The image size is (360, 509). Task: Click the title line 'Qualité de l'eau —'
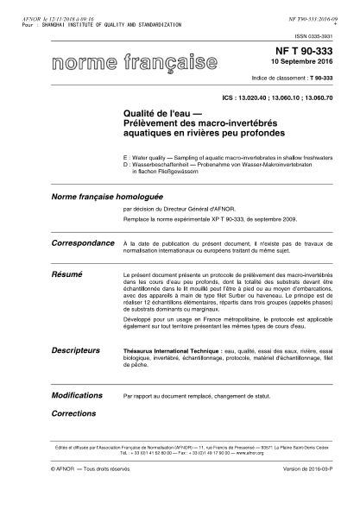158,125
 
